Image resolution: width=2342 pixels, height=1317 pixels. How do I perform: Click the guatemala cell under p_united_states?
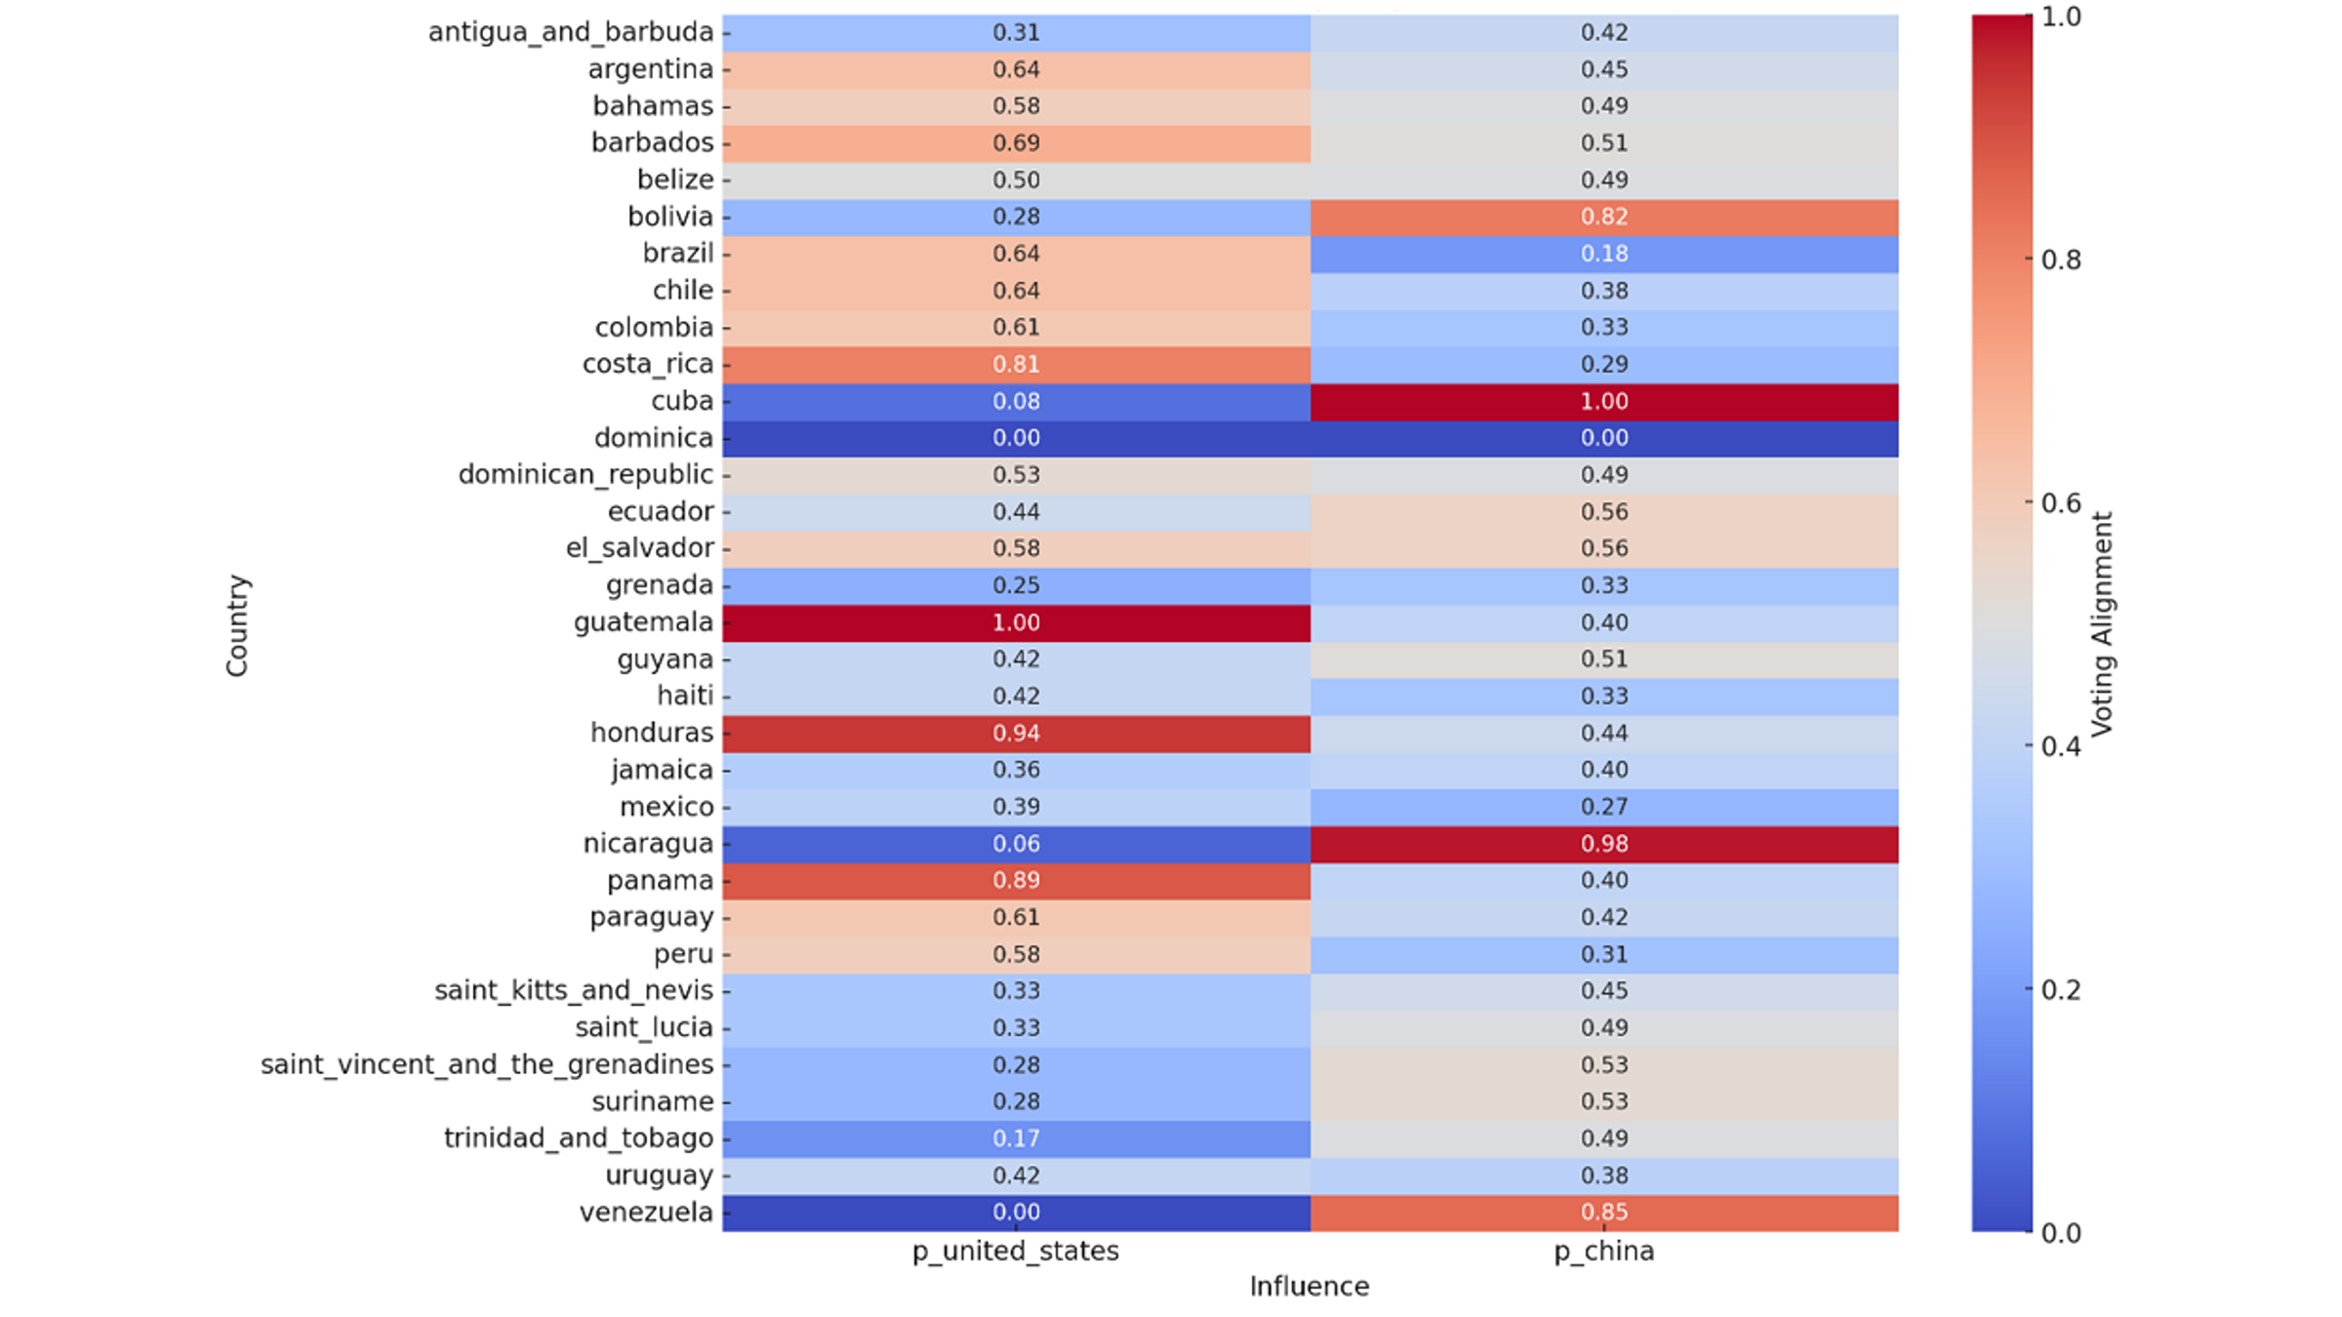[1016, 622]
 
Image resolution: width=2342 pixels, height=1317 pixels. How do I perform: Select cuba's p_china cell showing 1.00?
[1604, 401]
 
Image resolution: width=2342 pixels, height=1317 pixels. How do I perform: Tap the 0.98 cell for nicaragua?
[1604, 844]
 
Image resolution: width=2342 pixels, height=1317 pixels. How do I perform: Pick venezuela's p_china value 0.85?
[1604, 1213]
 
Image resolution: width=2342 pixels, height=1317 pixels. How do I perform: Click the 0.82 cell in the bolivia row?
[1604, 217]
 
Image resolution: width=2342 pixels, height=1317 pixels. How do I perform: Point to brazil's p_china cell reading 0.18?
[1604, 254]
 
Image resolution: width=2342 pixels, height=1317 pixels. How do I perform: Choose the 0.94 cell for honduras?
[1016, 733]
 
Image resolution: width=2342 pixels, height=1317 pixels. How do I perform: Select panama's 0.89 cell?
[1016, 880]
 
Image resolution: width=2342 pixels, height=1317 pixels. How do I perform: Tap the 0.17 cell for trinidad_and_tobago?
[1016, 1138]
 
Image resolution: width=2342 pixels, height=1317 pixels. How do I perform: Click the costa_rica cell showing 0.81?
[1016, 364]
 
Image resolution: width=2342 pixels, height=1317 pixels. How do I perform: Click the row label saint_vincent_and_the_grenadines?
[486, 1064]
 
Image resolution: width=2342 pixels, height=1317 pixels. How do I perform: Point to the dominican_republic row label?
[585, 475]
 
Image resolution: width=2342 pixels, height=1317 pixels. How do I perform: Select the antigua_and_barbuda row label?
[571, 32]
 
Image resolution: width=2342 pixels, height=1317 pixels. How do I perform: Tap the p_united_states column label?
[1016, 1252]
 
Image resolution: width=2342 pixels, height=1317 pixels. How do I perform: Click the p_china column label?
[1604, 1252]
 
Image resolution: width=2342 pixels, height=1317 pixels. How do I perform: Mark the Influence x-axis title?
[1309, 1287]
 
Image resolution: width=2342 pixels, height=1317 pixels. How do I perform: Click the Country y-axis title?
[238, 625]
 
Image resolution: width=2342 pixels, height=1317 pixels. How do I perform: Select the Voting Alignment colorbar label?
[2102, 624]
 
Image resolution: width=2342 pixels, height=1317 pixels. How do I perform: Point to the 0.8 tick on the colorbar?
[2061, 259]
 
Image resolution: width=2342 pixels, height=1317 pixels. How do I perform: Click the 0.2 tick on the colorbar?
[2061, 990]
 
